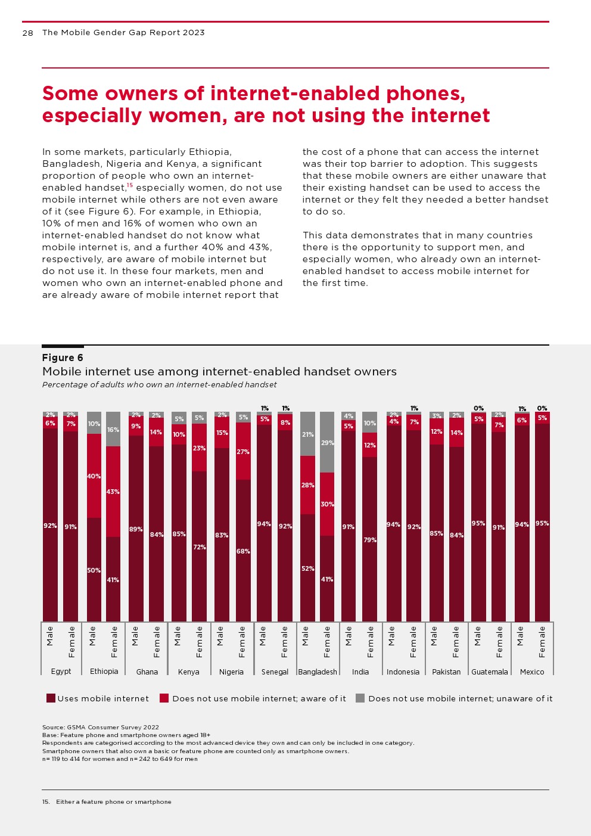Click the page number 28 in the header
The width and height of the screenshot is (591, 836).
(x=27, y=33)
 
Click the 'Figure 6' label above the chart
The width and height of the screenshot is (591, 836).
(x=63, y=358)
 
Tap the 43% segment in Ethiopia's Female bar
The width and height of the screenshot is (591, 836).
(x=113, y=492)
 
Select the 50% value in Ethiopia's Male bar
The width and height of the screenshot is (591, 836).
(x=94, y=570)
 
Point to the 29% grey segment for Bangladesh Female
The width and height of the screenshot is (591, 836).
(x=327, y=443)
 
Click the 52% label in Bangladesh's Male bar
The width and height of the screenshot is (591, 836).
(x=307, y=568)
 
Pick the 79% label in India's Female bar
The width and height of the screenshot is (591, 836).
(x=370, y=540)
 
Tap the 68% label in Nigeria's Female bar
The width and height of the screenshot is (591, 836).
(x=243, y=551)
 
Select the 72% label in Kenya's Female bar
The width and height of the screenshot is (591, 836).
(x=200, y=547)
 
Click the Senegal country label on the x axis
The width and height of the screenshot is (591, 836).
(x=275, y=672)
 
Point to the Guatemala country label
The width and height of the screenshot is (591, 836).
(x=490, y=672)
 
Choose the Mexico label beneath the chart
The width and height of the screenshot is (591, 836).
(x=532, y=672)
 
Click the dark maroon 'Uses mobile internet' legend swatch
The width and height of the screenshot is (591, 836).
(x=51, y=698)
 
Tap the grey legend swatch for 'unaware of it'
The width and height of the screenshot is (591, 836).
(x=360, y=698)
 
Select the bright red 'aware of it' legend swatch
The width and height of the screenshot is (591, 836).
(x=164, y=698)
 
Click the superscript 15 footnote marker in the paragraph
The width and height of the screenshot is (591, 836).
(x=129, y=185)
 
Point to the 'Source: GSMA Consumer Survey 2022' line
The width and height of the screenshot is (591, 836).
(x=101, y=727)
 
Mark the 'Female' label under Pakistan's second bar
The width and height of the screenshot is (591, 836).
(x=456, y=642)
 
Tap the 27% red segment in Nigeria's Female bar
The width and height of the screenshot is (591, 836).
(x=243, y=452)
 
